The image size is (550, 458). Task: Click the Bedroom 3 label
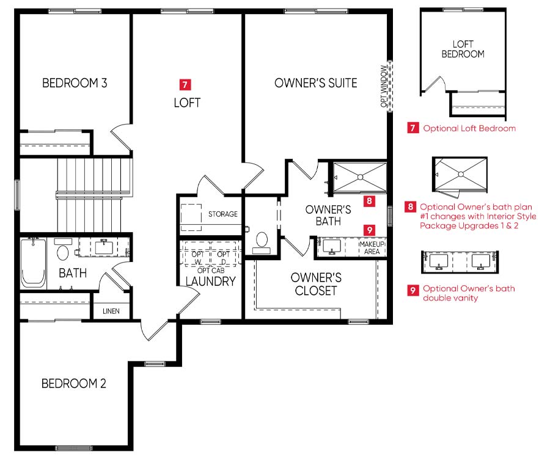(75, 83)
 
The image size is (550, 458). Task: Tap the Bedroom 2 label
(74, 383)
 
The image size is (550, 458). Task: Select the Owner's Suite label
(316, 83)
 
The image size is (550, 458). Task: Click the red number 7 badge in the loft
(185, 84)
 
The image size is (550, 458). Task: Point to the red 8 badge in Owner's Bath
(369, 201)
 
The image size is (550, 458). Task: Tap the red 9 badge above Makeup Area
(369, 230)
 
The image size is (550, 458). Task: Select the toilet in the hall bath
(63, 249)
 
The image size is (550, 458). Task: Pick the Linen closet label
(111, 311)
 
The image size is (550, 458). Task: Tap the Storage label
(222, 214)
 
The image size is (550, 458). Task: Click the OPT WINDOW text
(384, 86)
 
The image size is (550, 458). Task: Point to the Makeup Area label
(372, 247)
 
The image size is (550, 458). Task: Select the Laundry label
(210, 282)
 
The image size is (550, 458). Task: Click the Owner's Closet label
(316, 284)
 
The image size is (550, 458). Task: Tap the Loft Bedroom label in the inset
(463, 49)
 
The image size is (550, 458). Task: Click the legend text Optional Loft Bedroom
(469, 128)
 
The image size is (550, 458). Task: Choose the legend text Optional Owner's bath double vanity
(469, 293)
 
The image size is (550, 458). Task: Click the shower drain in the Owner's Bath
(360, 177)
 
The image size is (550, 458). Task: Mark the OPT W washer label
(197, 258)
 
